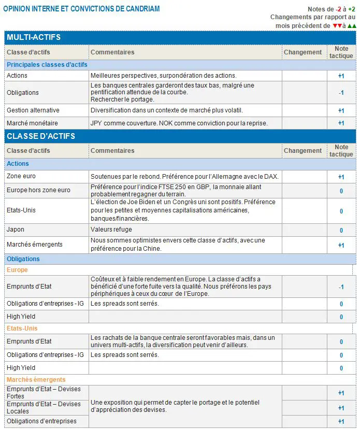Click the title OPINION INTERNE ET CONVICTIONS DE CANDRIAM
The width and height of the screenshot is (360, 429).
(x=81, y=9)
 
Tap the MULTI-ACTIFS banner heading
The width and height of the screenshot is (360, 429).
(x=34, y=37)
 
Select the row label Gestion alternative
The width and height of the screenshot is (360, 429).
(x=33, y=110)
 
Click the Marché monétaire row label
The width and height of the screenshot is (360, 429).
(x=32, y=123)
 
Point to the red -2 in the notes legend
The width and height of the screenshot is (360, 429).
(x=338, y=9)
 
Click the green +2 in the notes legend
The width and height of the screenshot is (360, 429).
(x=352, y=9)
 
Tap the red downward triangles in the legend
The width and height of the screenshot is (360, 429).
(x=337, y=25)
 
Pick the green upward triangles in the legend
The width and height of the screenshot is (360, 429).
(x=352, y=25)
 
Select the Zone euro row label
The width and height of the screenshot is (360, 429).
(x=21, y=177)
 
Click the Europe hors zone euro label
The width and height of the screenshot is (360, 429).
(x=38, y=190)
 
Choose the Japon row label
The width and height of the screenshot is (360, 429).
(x=16, y=230)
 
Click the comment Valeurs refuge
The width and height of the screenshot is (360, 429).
(x=111, y=230)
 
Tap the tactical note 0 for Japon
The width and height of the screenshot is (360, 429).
(x=341, y=231)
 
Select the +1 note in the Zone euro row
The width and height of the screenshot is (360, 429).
(x=341, y=177)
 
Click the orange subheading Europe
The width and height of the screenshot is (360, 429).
(x=17, y=270)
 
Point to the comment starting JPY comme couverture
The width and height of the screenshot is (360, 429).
(x=179, y=123)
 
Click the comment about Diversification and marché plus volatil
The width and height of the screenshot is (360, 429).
(x=166, y=110)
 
